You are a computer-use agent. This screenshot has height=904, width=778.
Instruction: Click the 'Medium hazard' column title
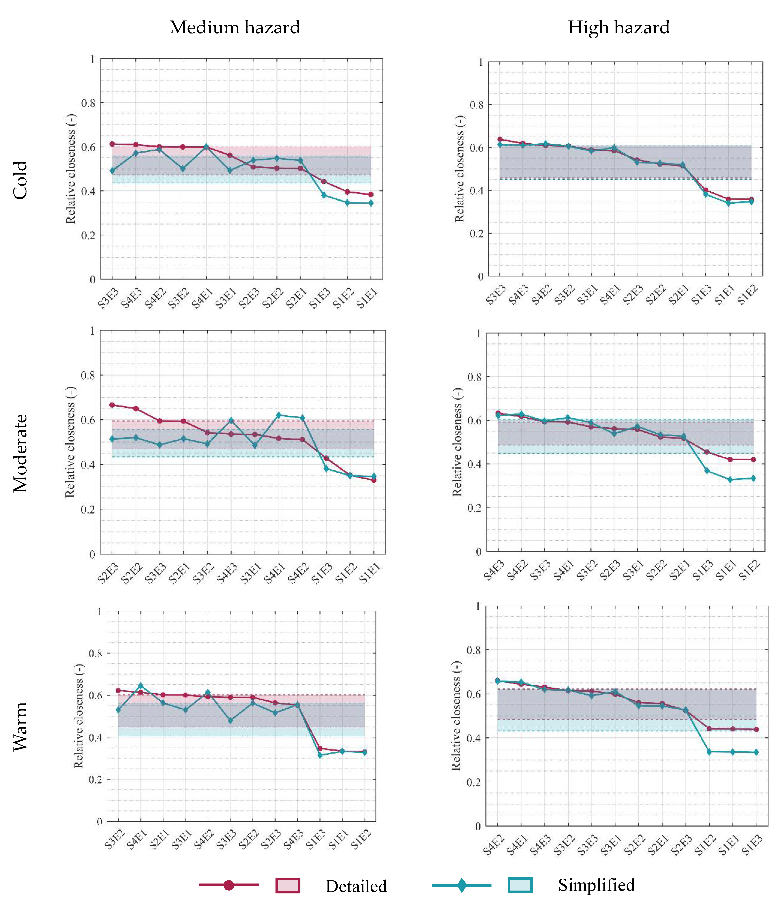[x=235, y=28]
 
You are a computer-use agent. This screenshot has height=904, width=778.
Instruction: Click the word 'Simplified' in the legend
[x=596, y=885]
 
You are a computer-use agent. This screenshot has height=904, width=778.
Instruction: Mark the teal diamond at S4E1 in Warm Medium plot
[x=140, y=685]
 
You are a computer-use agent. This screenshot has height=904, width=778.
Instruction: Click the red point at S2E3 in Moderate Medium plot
[x=112, y=405]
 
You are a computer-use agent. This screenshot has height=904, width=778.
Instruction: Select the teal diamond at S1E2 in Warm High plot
[x=709, y=752]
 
